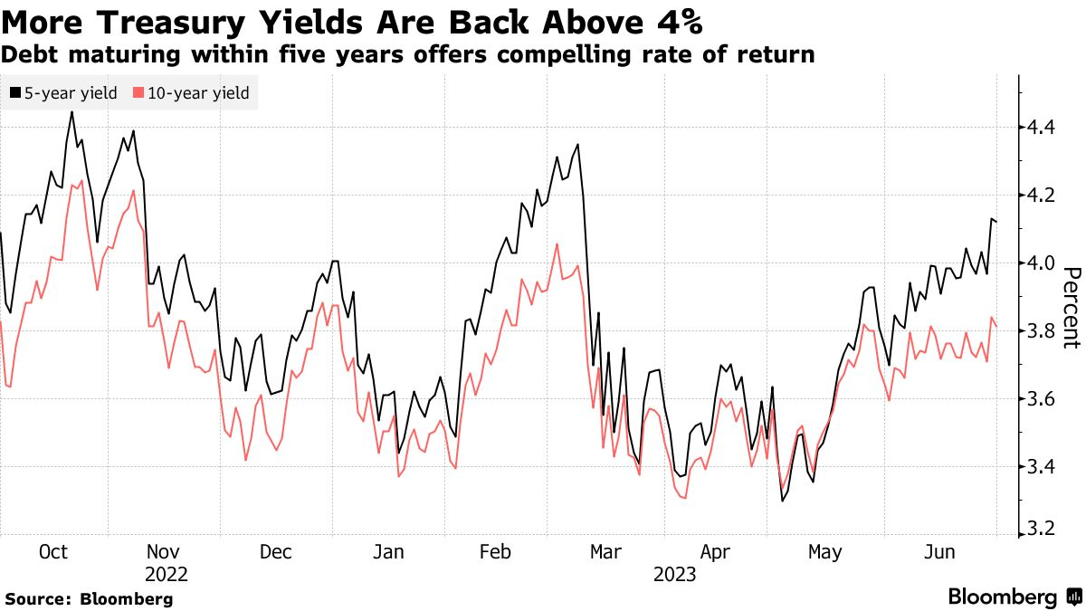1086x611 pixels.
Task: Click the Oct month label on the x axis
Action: pyautogui.click(x=54, y=553)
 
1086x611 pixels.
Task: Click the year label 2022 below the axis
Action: pyautogui.click(x=166, y=575)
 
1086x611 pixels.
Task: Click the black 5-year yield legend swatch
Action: pyautogui.click(x=16, y=93)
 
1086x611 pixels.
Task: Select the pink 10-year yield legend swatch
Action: pyautogui.click(x=138, y=93)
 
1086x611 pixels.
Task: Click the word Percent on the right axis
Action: pyautogui.click(x=1072, y=308)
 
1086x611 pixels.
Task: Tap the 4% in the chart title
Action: pyautogui.click(x=677, y=19)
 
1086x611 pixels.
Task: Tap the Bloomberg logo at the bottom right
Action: pyautogui.click(x=1014, y=597)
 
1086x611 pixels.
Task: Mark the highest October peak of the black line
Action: pyautogui.click(x=71, y=112)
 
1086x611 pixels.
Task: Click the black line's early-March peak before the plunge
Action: pyautogui.click(x=577, y=144)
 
